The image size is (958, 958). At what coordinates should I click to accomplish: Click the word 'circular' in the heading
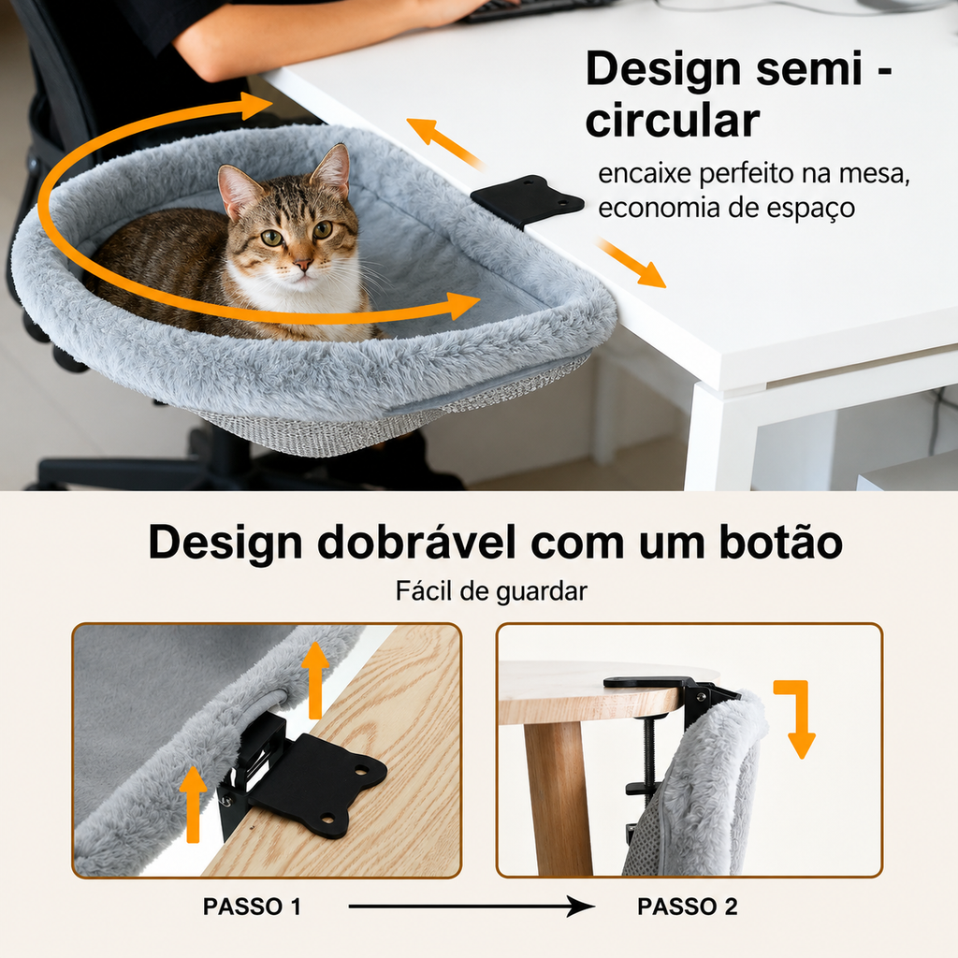click(672, 121)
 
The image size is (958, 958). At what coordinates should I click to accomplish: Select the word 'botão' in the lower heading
click(781, 542)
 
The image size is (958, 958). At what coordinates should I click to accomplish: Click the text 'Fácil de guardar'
click(491, 591)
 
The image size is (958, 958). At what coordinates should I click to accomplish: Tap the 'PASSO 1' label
click(252, 907)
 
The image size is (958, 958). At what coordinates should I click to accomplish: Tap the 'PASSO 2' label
click(688, 907)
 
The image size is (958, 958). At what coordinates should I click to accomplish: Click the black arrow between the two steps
click(472, 907)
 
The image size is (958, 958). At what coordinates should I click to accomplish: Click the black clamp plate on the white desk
click(527, 200)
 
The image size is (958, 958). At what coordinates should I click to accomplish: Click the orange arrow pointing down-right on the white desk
click(631, 263)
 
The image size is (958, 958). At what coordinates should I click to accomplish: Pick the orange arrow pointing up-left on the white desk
click(444, 143)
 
